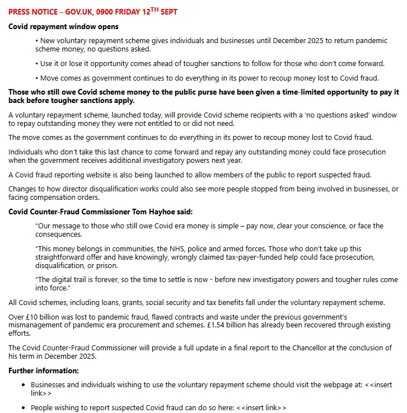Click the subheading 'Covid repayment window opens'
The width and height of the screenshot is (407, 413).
(63, 26)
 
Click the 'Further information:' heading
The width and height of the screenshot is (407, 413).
(44, 370)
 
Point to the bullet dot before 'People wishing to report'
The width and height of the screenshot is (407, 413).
(23, 408)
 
